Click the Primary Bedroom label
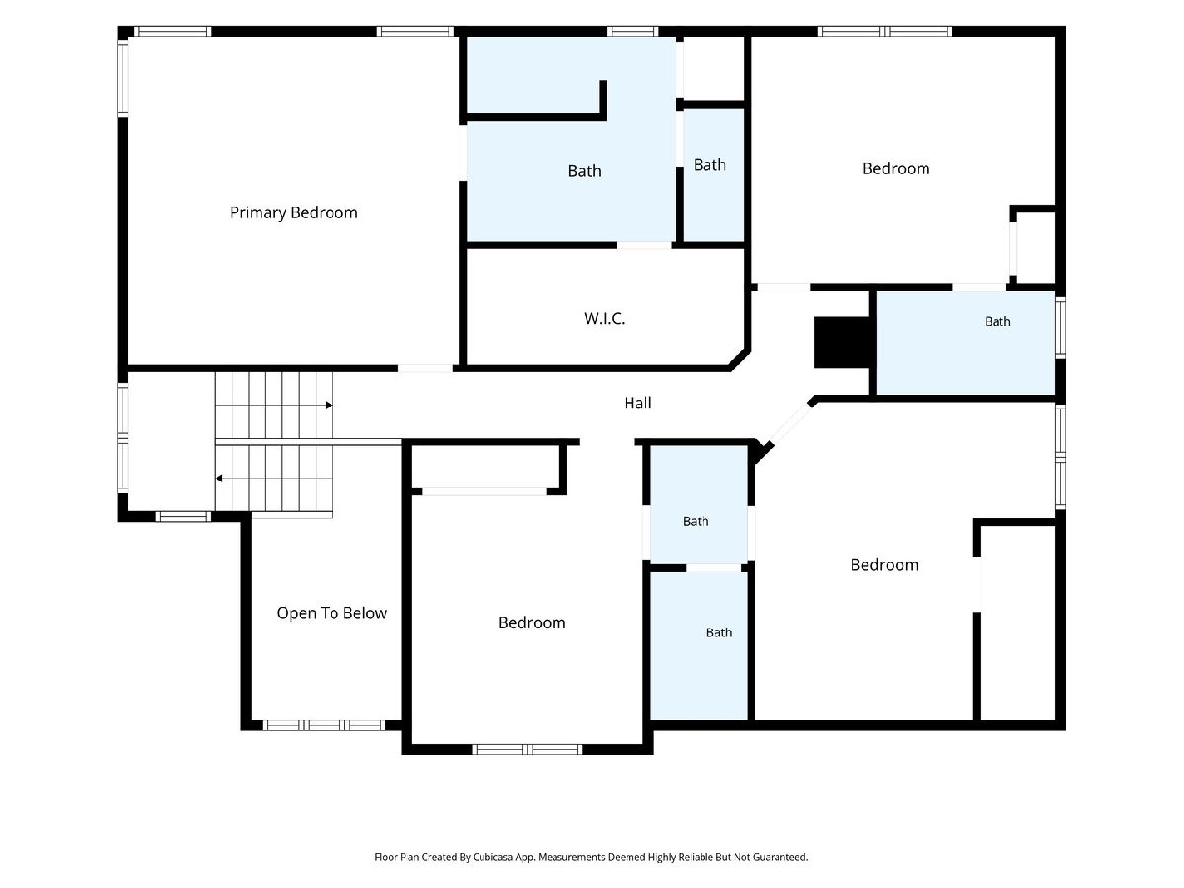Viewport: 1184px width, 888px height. coord(293,213)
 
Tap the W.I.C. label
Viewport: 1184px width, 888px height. coord(604,318)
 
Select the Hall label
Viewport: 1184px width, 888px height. coord(637,403)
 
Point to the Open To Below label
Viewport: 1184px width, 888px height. coord(332,613)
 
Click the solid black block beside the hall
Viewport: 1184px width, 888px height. coord(841,342)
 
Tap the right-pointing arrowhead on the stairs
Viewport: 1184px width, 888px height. coord(329,405)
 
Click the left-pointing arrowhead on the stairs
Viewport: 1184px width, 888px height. coord(219,479)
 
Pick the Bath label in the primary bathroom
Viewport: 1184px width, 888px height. coord(584,171)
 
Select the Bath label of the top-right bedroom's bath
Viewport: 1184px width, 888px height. coord(998,322)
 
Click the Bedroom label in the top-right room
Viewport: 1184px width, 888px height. coord(896,168)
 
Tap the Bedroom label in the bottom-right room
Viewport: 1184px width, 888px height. coord(885,565)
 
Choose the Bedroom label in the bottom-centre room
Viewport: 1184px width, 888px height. coord(532,623)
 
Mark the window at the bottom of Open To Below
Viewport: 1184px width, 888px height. coord(325,725)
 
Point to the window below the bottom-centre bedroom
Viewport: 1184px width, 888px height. coord(527,749)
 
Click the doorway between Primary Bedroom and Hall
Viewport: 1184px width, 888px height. coord(425,368)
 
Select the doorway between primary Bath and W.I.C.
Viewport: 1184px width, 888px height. coord(644,246)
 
